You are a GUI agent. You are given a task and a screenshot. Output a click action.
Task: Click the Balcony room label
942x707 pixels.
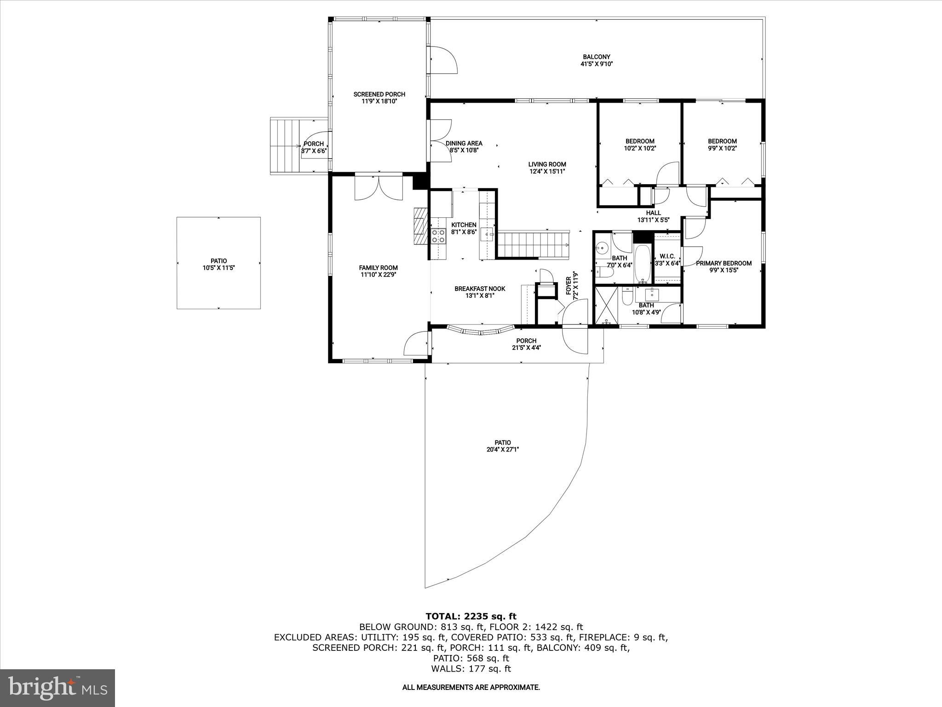597,57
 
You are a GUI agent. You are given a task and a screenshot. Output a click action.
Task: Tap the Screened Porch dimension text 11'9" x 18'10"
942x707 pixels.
379,101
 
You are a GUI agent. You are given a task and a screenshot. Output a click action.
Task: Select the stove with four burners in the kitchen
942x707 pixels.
438,236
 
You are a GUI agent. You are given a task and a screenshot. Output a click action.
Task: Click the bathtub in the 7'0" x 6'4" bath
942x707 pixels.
643,264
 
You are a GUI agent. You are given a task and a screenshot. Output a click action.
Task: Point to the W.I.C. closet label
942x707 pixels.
667,256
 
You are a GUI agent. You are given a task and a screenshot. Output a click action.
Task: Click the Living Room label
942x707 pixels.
547,164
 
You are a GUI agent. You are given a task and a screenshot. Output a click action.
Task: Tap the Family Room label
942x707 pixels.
378,268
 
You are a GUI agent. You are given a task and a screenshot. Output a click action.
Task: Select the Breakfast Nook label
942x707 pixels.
480,289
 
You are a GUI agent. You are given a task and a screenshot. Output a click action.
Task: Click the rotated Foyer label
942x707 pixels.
569,288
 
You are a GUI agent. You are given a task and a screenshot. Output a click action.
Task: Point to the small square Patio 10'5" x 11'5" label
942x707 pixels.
218,261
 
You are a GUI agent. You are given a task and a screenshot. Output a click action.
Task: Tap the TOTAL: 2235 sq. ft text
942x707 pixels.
471,616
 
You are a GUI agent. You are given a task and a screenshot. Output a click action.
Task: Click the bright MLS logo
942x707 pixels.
57,688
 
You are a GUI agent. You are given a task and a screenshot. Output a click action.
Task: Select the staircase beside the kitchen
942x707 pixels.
534,245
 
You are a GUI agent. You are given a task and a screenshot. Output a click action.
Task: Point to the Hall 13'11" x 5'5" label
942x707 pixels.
653,213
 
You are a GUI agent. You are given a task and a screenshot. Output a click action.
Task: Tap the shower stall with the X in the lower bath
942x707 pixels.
606,306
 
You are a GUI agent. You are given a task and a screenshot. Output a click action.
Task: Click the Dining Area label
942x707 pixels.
464,144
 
